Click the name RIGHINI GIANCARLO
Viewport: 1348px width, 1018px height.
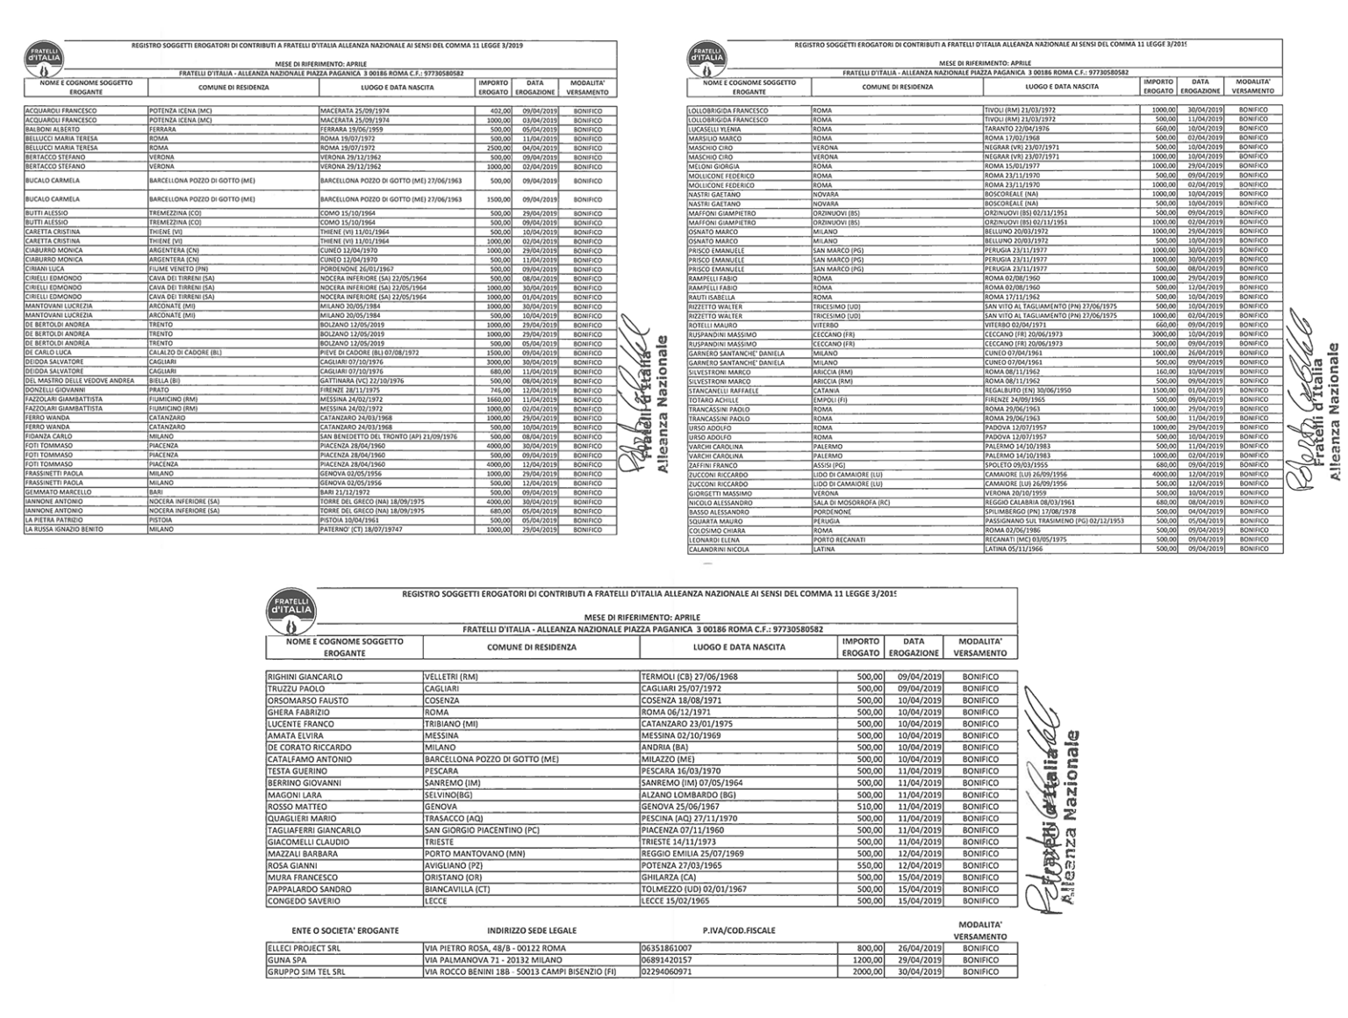coord(305,677)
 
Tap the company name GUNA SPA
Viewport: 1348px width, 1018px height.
coord(285,960)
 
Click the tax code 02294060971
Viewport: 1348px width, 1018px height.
coord(668,971)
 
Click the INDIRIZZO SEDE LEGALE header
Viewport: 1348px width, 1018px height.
coord(532,930)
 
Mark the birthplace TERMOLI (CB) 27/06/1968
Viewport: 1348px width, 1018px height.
coord(690,677)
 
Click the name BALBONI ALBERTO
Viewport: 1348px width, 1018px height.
coord(52,129)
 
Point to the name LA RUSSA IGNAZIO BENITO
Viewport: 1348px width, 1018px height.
coord(64,529)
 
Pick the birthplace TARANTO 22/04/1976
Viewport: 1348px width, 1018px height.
coord(1015,129)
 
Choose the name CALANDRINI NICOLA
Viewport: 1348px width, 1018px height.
coord(719,549)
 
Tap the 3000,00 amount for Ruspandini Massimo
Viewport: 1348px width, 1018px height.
coord(1163,334)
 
